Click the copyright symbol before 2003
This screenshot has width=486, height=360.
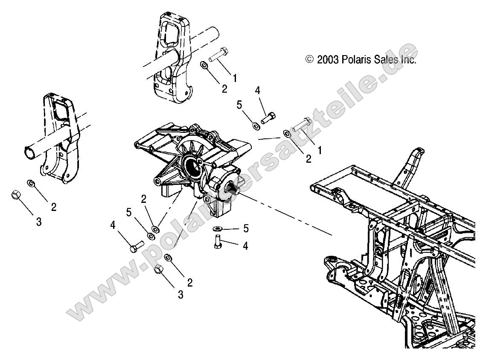coord(310,60)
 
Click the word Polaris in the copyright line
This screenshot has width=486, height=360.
coord(354,60)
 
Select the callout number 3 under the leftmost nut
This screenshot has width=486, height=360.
coord(38,222)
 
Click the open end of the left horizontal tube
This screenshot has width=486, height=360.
coord(29,152)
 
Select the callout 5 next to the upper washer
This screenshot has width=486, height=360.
coord(239,104)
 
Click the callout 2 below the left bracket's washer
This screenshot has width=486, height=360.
coord(54,207)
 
